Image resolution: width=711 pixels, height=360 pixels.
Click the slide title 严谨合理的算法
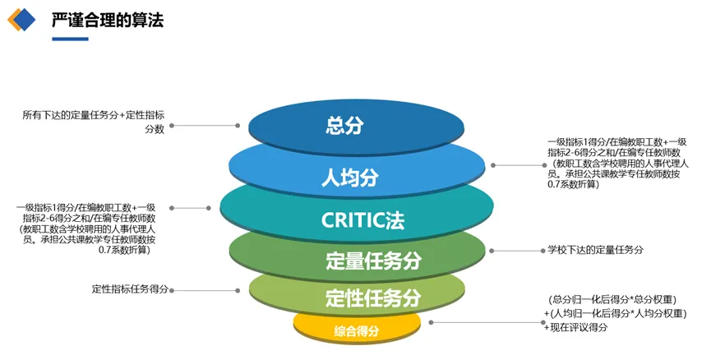(108, 21)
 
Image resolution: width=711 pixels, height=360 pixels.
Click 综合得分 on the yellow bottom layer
(356, 330)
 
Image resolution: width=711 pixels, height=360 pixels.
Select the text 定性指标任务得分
(130, 289)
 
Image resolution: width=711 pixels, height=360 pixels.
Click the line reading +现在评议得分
(575, 327)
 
